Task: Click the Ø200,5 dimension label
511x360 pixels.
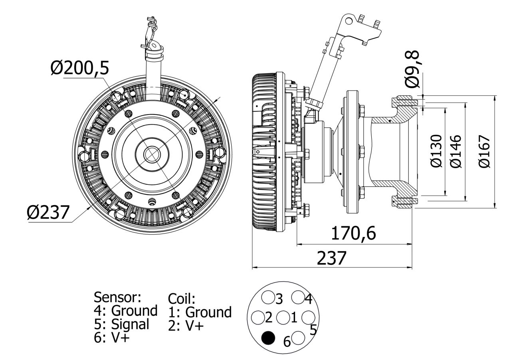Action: click(79, 68)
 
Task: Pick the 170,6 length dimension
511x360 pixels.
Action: click(353, 233)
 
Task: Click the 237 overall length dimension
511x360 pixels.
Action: click(331, 258)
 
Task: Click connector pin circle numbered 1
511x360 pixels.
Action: click(283, 318)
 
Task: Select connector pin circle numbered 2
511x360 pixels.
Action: click(257, 318)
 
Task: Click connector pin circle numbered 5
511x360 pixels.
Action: click(307, 318)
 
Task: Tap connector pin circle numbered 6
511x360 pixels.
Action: click(298, 338)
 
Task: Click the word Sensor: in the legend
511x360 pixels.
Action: click(117, 297)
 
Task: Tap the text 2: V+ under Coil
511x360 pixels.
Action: click(186, 325)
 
